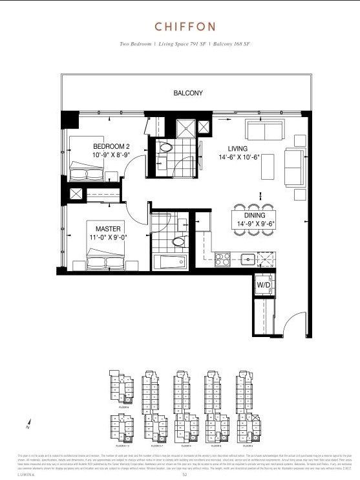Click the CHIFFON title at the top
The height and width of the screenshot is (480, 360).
(180, 26)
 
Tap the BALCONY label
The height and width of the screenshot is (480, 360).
(188, 93)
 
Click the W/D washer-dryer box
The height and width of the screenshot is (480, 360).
(264, 285)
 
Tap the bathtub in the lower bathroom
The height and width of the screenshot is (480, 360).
(170, 262)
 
